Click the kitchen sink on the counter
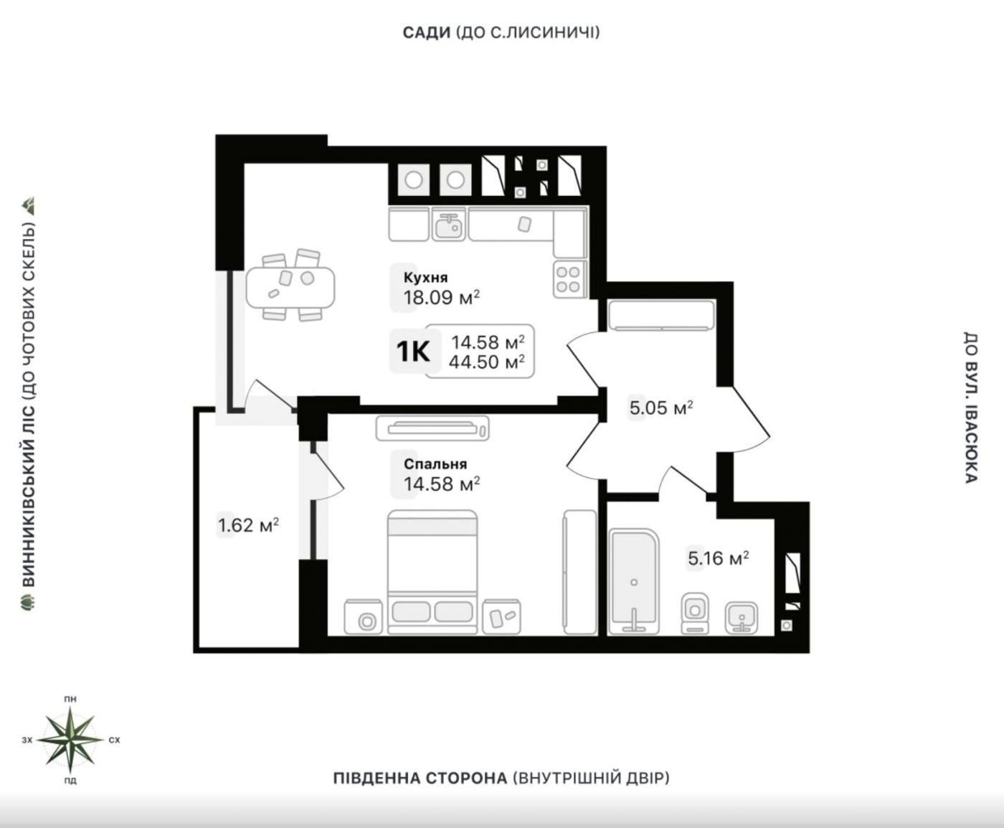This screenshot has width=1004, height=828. click(449, 224)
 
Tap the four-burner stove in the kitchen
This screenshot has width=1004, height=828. click(569, 280)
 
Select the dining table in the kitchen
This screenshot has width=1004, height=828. click(290, 288)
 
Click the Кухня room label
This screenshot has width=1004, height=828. click(425, 278)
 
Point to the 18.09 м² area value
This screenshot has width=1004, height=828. click(442, 298)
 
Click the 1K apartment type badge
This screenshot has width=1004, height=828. click(412, 351)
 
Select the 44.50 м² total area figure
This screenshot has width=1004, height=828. click(487, 362)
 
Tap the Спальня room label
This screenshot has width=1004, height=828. click(435, 464)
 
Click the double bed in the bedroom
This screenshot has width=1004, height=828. click(432, 572)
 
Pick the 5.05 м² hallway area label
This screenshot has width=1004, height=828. click(661, 408)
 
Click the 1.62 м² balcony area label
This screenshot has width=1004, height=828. click(249, 525)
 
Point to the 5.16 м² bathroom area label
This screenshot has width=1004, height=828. click(719, 558)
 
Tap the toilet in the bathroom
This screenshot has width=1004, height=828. click(695, 613)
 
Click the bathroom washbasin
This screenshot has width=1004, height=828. click(742, 618)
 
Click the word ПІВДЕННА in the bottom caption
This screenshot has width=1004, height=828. click(374, 778)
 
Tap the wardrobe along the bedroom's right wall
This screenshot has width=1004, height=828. click(579, 572)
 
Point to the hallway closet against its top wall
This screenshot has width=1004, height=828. click(661, 316)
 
